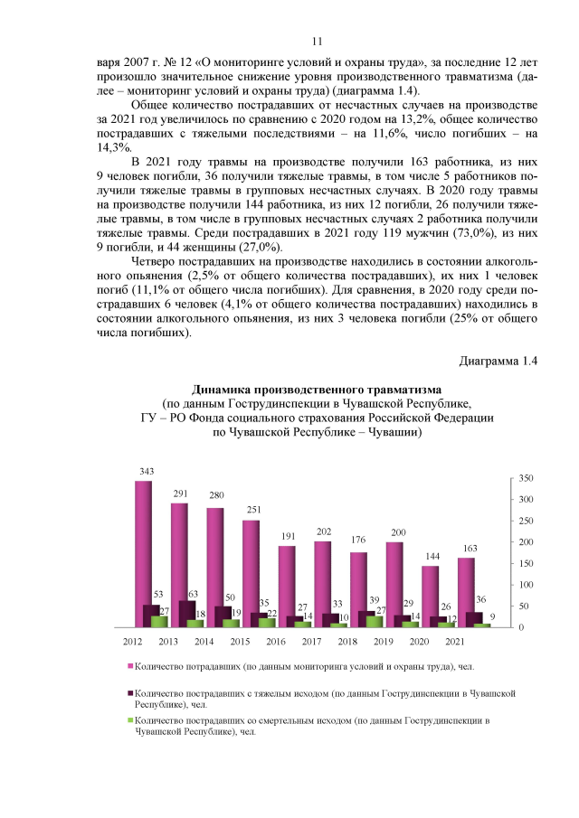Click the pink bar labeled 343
coord(143,551)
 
